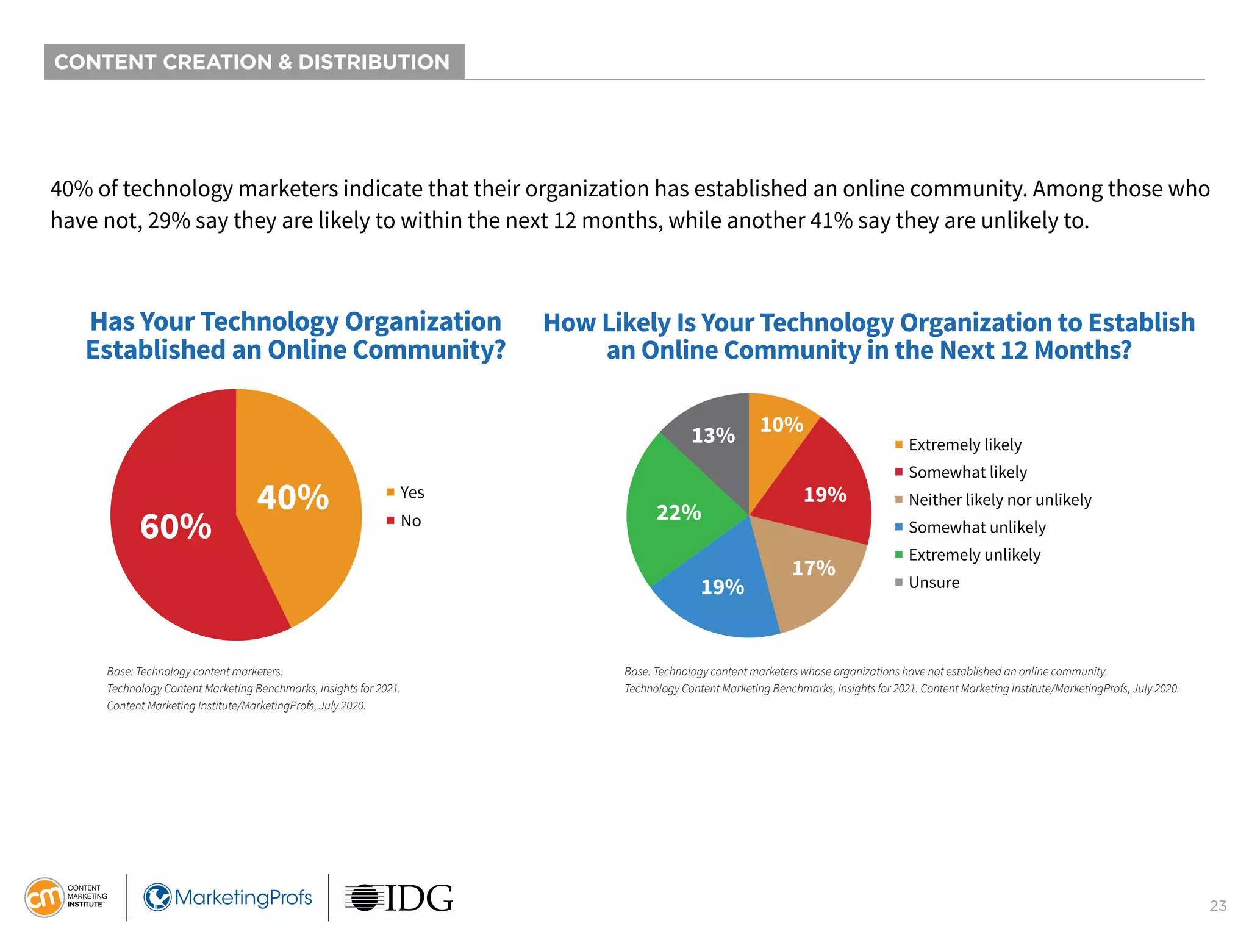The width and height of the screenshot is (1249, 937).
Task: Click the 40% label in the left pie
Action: (x=293, y=497)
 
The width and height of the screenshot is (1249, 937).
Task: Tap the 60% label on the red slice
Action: (x=176, y=526)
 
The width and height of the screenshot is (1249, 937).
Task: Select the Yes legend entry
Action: (x=406, y=492)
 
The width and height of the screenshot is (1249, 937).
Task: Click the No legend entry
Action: (x=405, y=521)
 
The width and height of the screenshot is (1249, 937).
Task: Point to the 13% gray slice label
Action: (x=713, y=436)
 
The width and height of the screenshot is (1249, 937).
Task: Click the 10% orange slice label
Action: (x=781, y=425)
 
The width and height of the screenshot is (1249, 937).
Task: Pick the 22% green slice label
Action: (x=678, y=512)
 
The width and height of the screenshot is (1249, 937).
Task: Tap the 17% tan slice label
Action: (x=813, y=569)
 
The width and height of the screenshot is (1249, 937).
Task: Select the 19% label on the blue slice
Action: (x=722, y=587)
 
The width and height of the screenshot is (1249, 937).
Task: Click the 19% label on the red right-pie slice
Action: (x=825, y=495)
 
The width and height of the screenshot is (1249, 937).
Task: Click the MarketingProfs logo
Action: (x=227, y=897)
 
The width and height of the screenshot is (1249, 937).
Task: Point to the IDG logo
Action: (x=399, y=898)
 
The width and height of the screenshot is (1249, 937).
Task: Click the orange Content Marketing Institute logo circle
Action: (x=44, y=897)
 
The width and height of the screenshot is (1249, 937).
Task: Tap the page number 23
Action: (x=1218, y=906)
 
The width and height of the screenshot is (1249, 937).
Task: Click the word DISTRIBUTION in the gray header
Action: (x=374, y=62)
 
